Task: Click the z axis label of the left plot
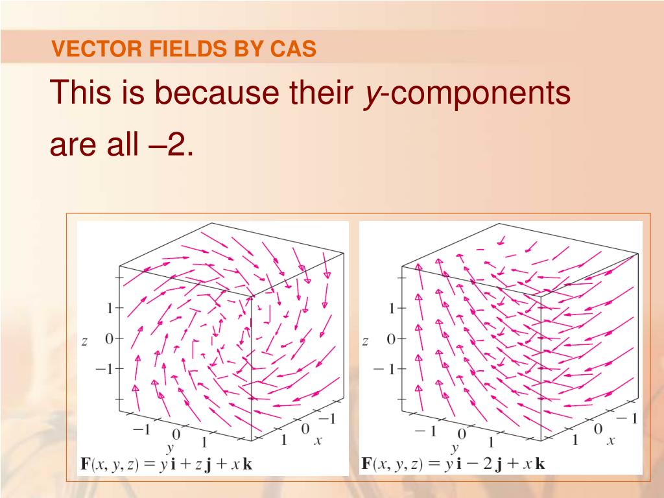coord(84,341)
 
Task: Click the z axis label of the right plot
coord(365,341)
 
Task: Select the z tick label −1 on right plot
coord(383,369)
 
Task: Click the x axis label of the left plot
coord(318,440)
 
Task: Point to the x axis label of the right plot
coord(610,441)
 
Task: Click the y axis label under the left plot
coord(171,448)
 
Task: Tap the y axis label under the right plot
coord(455,448)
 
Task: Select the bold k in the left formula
coord(247,464)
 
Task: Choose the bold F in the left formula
coord(84,464)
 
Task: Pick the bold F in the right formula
coord(366,464)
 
